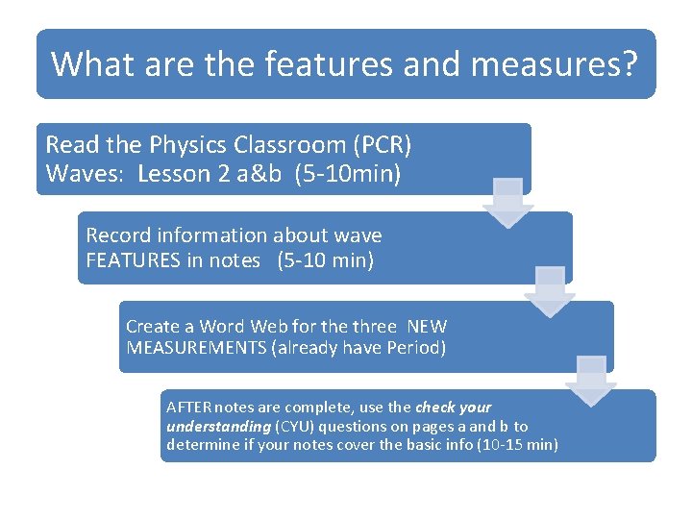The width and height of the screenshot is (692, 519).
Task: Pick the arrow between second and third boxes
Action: coord(550,291)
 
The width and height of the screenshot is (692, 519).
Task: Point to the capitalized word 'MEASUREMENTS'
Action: coord(197,348)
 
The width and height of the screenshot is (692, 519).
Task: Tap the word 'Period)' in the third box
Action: coord(417,348)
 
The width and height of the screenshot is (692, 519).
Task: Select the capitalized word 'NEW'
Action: coord(427,327)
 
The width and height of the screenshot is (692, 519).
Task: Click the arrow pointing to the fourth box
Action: coord(591,381)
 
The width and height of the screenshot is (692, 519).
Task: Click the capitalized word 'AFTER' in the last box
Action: coord(190,408)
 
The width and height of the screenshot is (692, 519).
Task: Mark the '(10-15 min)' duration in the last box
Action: coord(517,445)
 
